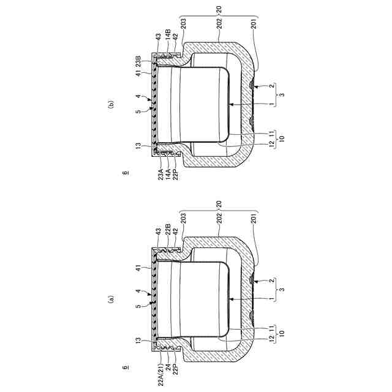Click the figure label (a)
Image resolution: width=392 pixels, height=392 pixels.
110,299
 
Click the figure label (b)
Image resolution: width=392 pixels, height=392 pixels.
110,104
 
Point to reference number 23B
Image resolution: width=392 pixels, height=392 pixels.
138,61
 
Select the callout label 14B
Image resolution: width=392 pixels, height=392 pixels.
168,34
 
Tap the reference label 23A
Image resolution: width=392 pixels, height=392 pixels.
160,175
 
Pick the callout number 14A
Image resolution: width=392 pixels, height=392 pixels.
168,175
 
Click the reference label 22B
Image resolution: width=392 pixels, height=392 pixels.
168,229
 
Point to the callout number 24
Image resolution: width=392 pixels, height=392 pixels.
168,367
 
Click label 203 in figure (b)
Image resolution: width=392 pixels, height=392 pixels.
184,23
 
